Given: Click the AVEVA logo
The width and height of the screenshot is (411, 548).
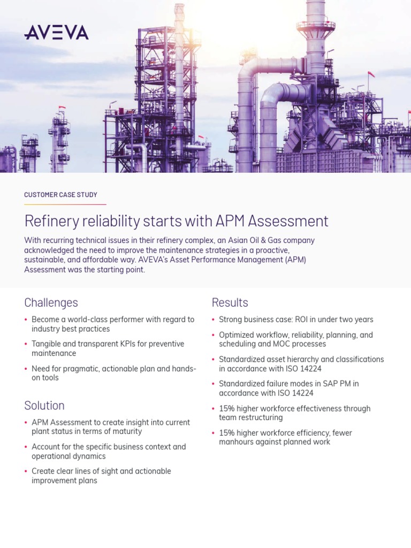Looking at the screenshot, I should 56,33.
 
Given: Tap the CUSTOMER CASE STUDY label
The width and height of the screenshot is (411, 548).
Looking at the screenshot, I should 60,195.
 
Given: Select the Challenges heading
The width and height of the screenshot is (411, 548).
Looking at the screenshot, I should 51,302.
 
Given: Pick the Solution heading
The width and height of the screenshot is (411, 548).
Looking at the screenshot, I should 44,405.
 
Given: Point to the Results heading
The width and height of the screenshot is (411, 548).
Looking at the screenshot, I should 230,302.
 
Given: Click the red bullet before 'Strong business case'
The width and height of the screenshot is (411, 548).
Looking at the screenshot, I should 214,319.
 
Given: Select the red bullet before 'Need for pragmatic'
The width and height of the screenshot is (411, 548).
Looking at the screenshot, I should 26,368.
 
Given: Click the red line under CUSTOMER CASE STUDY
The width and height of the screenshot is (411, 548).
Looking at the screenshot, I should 65,204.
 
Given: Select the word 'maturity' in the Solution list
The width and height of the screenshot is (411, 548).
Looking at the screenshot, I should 126,431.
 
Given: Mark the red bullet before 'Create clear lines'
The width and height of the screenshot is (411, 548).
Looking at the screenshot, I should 26,471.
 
